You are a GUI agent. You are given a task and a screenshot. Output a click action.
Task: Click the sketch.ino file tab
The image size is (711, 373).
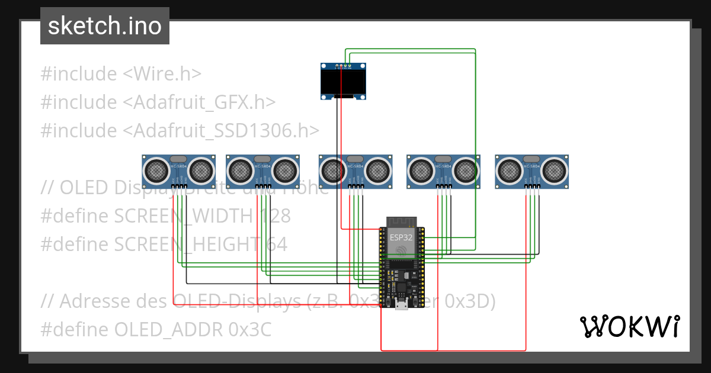105,26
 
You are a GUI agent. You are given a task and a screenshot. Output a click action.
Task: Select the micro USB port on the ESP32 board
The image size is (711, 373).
401,305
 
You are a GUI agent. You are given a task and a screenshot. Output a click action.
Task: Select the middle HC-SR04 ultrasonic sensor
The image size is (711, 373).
355,172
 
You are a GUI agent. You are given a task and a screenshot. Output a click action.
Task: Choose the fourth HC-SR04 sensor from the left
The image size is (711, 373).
443,172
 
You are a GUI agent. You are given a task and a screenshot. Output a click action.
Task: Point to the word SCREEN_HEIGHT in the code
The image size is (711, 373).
187,244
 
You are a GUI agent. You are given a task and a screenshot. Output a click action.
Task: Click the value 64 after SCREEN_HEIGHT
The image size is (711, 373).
275,244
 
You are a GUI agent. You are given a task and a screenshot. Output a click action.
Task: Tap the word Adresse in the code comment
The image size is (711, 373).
94,301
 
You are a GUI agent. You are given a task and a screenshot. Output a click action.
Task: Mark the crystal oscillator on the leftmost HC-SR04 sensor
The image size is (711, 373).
178,159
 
